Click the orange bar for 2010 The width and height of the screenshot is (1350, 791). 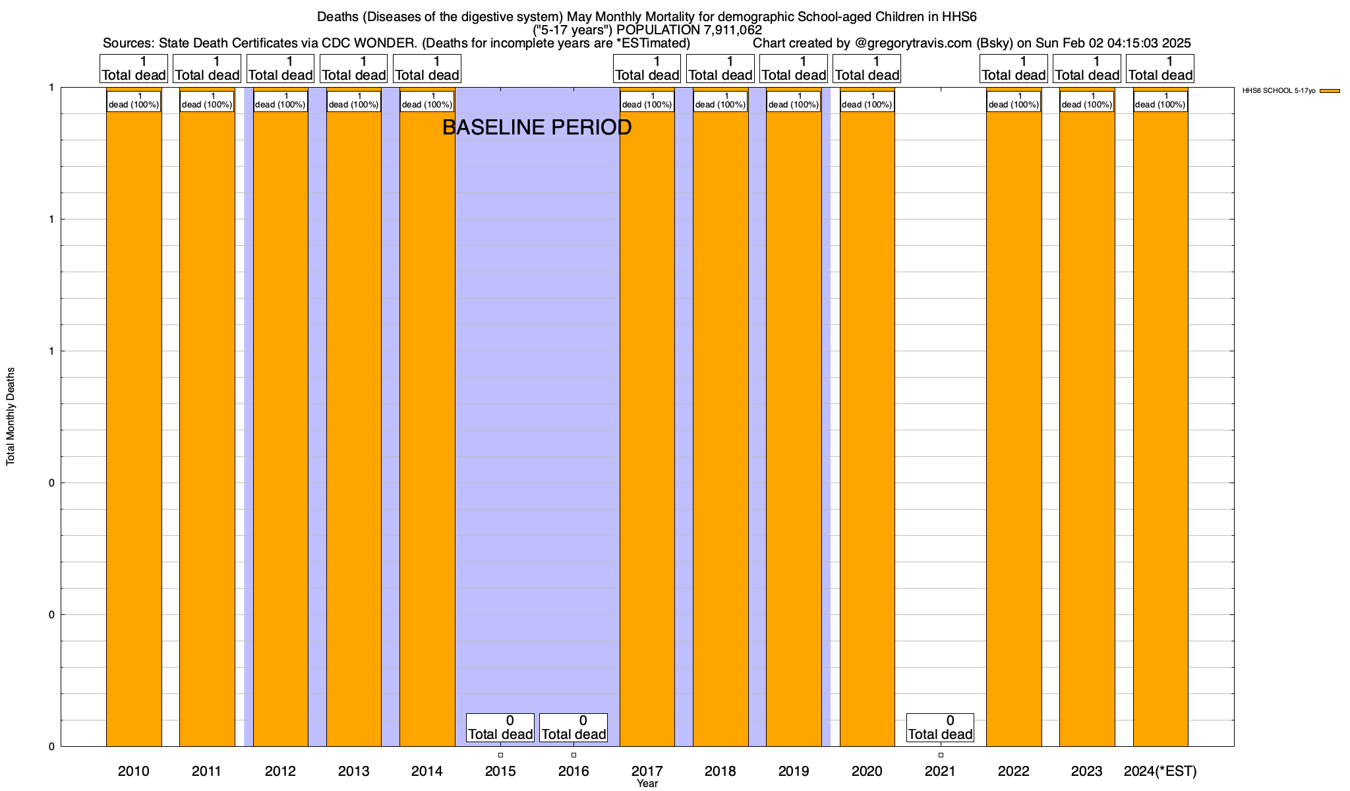click(x=134, y=428)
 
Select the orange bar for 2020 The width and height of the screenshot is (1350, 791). click(x=867, y=428)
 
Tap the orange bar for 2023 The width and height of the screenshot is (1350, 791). click(x=1087, y=428)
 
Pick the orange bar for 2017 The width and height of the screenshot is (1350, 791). click(x=647, y=428)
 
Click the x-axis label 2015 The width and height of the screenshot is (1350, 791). click(x=500, y=771)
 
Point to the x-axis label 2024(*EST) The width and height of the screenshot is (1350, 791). click(x=1160, y=771)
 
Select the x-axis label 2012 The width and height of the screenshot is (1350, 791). click(x=280, y=771)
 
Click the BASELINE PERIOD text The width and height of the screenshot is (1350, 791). click(x=537, y=127)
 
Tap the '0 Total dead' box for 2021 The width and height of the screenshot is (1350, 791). click(x=940, y=728)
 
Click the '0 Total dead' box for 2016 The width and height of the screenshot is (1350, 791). click(x=573, y=728)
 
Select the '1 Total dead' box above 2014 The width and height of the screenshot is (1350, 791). click(x=426, y=69)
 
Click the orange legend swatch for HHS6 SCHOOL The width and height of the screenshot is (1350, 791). click(x=1330, y=91)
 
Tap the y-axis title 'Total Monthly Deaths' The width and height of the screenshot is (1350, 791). click(x=11, y=417)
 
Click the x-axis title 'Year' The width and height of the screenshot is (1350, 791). click(x=647, y=783)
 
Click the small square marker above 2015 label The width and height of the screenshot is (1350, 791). click(x=500, y=755)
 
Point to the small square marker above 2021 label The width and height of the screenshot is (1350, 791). click(x=941, y=755)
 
